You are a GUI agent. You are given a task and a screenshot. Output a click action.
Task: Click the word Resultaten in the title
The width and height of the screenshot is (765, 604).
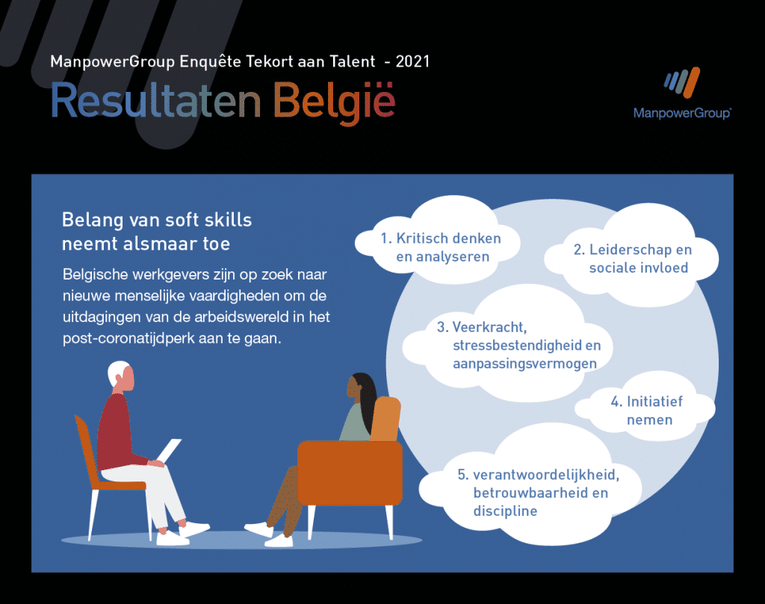(156, 101)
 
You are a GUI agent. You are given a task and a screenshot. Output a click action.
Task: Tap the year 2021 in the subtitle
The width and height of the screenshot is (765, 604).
(412, 61)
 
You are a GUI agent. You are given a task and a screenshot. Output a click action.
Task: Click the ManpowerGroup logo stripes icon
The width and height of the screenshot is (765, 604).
(681, 82)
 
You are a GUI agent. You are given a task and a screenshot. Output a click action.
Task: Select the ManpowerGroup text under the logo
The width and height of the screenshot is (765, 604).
(682, 114)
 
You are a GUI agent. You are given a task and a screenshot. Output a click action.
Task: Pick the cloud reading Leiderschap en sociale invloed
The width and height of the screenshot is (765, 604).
(632, 256)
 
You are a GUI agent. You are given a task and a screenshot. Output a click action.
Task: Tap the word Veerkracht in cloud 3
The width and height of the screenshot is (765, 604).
(489, 327)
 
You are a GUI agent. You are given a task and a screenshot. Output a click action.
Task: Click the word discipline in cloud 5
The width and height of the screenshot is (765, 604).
(505, 511)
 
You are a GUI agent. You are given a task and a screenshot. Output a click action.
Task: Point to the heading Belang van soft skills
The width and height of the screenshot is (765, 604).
(157, 220)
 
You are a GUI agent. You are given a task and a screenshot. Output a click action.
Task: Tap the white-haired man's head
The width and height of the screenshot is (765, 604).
(120, 376)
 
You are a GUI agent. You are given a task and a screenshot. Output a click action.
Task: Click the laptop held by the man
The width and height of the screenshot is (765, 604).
(169, 450)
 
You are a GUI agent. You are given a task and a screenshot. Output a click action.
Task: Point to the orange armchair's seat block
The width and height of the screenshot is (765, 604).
(350, 472)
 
